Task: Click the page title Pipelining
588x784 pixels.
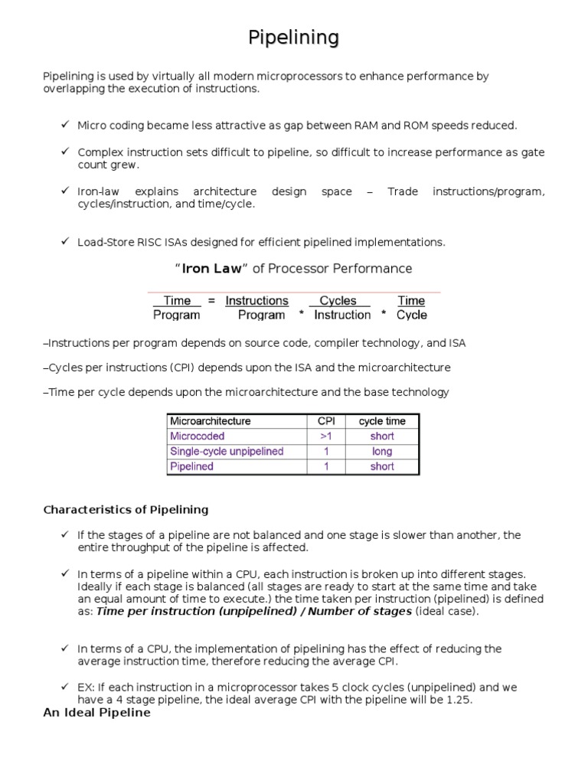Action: (x=294, y=38)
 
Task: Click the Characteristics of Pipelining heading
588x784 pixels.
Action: (x=126, y=509)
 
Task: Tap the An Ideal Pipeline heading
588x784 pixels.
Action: (x=96, y=713)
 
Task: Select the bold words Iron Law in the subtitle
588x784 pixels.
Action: (x=211, y=269)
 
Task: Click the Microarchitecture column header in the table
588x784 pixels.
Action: (x=210, y=421)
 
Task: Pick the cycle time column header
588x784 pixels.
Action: (x=382, y=421)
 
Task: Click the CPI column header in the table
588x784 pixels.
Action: (x=326, y=421)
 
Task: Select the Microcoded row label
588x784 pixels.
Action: (x=197, y=436)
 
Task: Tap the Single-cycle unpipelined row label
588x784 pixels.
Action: (x=226, y=452)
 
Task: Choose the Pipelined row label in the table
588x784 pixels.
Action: (x=191, y=466)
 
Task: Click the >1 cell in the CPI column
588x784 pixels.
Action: (x=326, y=436)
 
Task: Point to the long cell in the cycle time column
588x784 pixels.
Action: (x=382, y=452)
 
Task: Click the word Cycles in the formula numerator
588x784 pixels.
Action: (x=338, y=301)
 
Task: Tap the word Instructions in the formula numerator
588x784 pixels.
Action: (x=256, y=301)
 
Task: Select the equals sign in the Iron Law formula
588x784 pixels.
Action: (x=211, y=301)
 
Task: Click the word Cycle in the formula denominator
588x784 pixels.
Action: (x=412, y=315)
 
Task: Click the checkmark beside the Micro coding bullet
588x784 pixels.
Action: (x=65, y=125)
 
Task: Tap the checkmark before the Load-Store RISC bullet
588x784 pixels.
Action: (x=65, y=241)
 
